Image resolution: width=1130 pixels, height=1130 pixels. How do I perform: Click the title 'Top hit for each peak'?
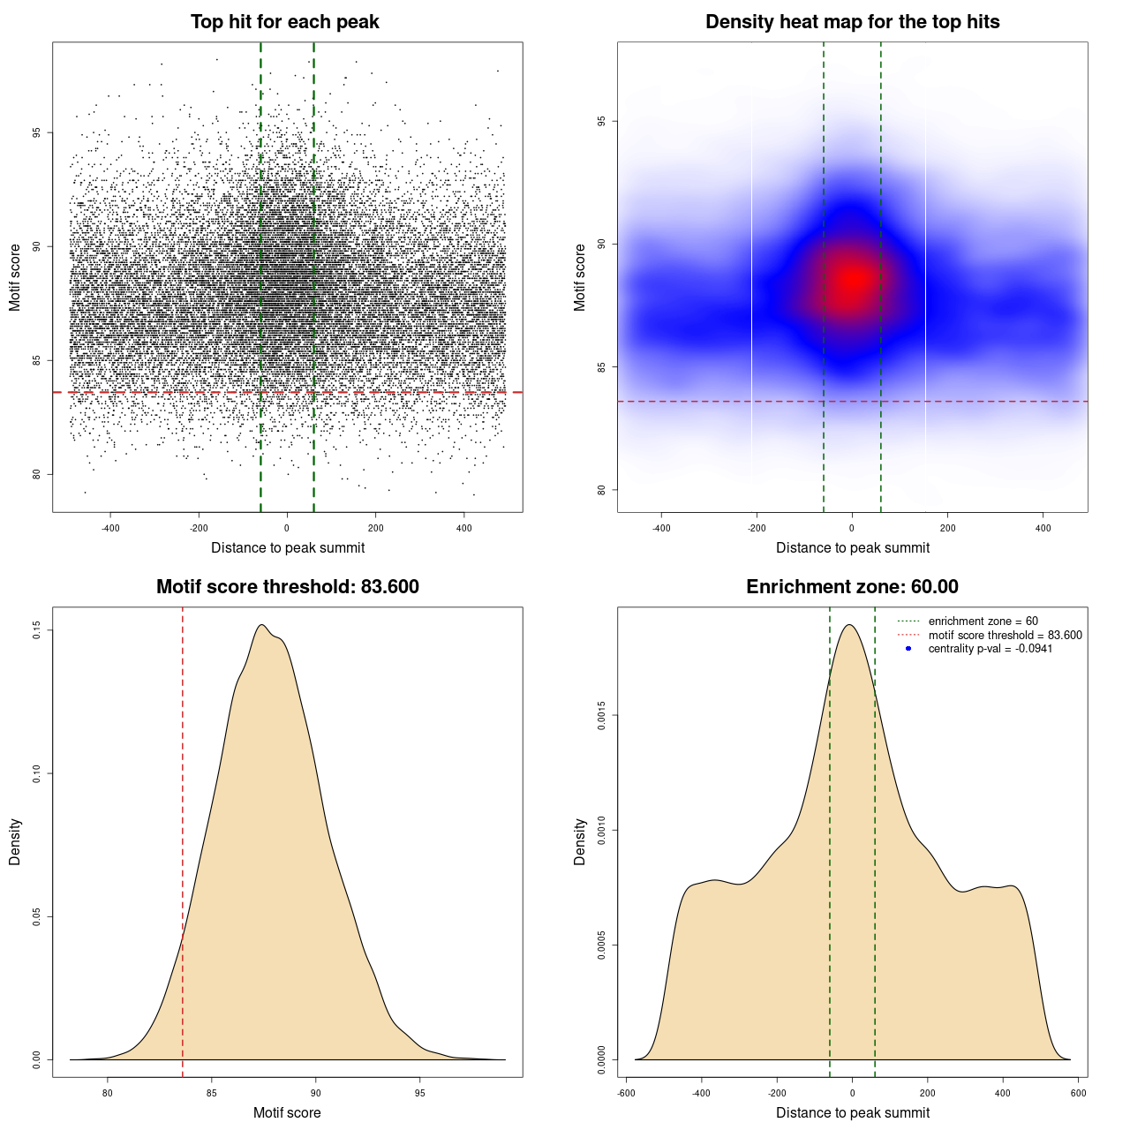(284, 22)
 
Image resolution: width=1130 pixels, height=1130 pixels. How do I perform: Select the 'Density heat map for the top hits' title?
(852, 22)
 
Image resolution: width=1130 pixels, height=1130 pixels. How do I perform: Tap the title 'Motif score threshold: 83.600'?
(287, 587)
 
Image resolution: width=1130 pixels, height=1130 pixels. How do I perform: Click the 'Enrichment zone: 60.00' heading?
(852, 587)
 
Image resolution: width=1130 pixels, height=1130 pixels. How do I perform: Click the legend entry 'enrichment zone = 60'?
(983, 621)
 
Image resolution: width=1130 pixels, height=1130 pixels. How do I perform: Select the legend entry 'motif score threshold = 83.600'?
(1005, 636)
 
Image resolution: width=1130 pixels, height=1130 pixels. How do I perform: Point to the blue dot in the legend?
(908, 649)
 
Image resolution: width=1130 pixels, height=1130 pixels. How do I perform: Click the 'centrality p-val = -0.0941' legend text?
(990, 649)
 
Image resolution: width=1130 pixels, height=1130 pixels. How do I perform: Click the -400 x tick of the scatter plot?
(110, 529)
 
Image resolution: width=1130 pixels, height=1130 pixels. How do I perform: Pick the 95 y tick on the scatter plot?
(36, 132)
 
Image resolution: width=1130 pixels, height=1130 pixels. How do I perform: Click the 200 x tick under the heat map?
(947, 529)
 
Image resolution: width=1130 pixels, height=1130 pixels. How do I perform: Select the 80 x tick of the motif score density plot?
(108, 1094)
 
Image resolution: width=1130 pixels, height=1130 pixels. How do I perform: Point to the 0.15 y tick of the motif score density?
(36, 629)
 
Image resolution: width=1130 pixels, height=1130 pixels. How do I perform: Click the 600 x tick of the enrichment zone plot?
(1078, 1094)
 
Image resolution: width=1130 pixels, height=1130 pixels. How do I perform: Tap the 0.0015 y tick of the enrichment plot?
(601, 715)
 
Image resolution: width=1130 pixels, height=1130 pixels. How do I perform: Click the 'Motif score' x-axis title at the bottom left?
(287, 1112)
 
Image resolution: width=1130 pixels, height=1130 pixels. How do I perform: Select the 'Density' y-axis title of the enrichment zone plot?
(580, 841)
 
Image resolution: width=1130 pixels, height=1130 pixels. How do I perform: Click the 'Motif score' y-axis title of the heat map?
(580, 277)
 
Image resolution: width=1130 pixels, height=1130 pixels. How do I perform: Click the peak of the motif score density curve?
(261, 625)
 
